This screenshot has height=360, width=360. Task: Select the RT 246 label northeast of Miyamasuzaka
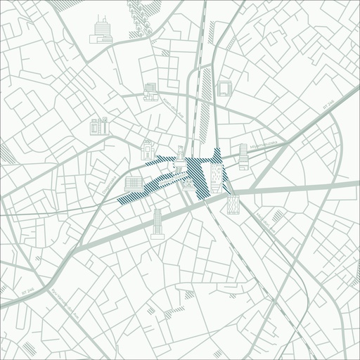(x=326, y=104)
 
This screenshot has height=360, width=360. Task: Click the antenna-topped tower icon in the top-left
(x=103, y=30)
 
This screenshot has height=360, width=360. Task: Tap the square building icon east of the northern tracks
(x=224, y=88)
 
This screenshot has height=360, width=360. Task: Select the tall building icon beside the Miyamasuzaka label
(x=243, y=157)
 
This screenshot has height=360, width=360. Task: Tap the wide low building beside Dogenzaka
(x=133, y=185)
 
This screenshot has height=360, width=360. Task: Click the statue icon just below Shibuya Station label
(x=188, y=184)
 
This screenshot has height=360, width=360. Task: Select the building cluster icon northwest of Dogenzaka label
(x=99, y=127)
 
